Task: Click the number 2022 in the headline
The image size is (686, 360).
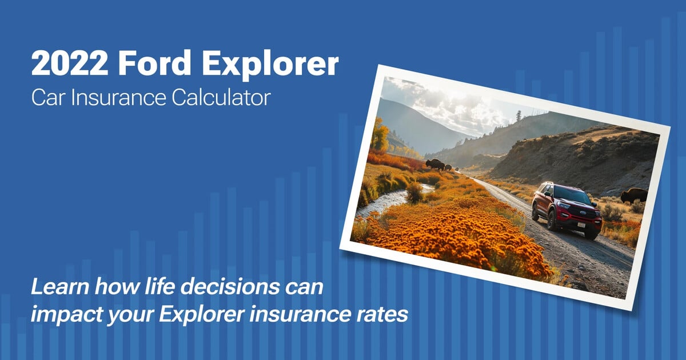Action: pos(70,63)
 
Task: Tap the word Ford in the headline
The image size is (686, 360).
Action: pos(155,63)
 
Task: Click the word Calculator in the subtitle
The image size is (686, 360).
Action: pos(221,98)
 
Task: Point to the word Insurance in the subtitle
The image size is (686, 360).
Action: pos(118,98)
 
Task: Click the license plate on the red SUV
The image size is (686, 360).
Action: pos(581,225)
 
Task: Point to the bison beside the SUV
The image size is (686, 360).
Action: pos(634,196)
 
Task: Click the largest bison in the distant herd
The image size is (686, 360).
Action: pos(435,165)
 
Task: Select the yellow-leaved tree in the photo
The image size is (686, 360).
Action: pos(380,135)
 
